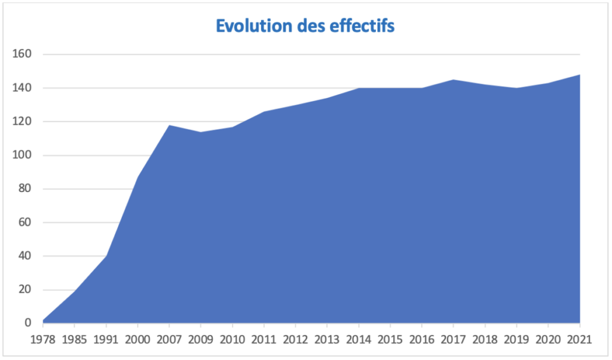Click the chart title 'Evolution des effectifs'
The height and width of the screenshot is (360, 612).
[305, 26]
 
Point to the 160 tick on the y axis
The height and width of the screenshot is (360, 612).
[22, 54]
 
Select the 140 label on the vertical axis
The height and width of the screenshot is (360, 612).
[22, 88]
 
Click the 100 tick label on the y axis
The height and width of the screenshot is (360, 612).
[22, 155]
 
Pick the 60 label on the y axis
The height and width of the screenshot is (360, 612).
[25, 222]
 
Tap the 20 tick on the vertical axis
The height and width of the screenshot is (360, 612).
[25, 290]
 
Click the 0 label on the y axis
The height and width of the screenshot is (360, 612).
[27, 324]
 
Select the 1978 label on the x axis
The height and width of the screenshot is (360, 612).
[43, 340]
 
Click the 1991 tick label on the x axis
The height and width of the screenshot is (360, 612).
[106, 340]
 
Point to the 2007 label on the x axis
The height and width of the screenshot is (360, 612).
[169, 340]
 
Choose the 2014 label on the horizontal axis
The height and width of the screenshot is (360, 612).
[359, 340]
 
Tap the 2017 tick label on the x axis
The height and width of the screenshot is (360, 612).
[454, 340]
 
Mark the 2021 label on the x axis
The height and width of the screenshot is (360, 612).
[579, 340]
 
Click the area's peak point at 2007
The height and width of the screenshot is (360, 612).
[169, 125]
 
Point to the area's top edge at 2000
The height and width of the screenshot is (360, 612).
[137, 177]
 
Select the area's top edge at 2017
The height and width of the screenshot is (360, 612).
[454, 80]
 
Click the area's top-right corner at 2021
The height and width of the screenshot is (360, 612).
[579, 75]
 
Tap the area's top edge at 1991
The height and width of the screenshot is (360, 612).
[106, 256]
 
